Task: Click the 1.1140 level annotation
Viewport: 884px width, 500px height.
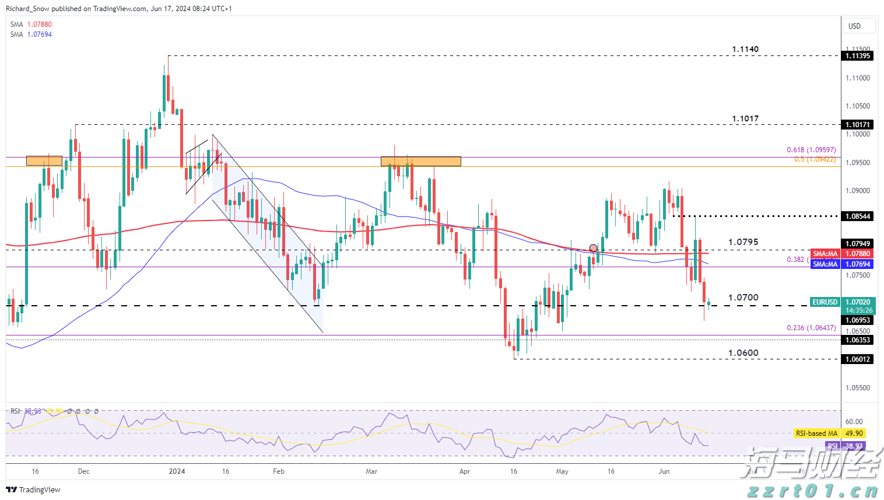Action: tap(745, 50)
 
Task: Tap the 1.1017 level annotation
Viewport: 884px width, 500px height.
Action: tap(745, 119)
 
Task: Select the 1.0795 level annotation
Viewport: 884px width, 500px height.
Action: tap(743, 242)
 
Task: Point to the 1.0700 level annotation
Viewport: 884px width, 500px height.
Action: tap(743, 298)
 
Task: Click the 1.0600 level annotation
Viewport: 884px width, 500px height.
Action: tap(743, 353)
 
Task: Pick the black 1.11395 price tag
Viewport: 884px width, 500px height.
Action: tap(857, 56)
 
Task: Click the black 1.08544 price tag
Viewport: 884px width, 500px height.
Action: tap(857, 216)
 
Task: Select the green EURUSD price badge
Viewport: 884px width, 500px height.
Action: tap(825, 302)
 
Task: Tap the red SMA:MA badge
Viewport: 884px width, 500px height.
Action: tap(825, 254)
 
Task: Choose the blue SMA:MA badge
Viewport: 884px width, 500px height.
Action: tap(825, 264)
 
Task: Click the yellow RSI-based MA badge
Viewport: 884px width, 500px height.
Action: tap(816, 433)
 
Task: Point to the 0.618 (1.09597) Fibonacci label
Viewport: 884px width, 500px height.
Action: tap(811, 150)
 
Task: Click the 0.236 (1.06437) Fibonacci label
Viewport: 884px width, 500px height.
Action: tap(811, 328)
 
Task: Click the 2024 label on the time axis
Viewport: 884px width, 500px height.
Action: tap(176, 471)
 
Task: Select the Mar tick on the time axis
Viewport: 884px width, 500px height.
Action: tap(371, 471)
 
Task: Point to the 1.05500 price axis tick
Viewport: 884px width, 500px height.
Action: tap(857, 388)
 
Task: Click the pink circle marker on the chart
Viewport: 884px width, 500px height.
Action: tap(594, 248)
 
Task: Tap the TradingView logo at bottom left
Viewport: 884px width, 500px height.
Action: tap(33, 489)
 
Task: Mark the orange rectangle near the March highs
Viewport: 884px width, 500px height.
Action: tap(420, 161)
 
